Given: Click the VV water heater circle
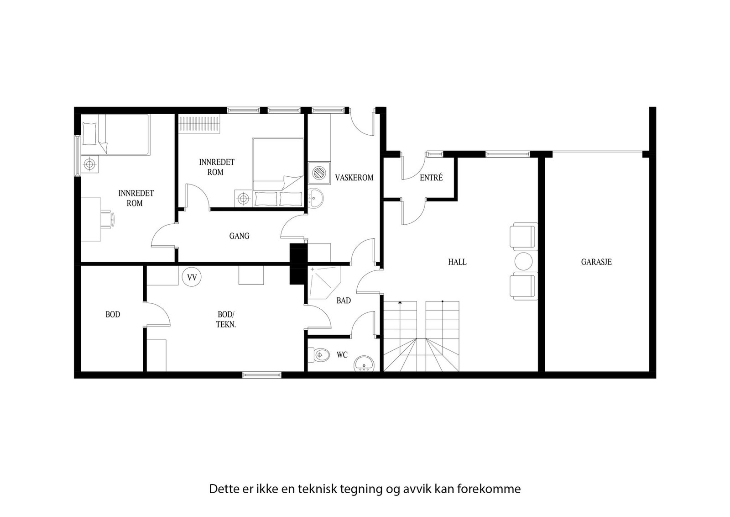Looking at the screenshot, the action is [192, 277].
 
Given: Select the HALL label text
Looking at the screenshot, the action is [457, 262].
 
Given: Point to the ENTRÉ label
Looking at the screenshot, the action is [431, 178].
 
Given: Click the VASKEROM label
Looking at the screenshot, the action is [354, 178].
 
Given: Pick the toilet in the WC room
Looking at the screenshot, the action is [319, 354].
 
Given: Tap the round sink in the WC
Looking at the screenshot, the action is [364, 364].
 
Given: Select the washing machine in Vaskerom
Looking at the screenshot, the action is [319, 173].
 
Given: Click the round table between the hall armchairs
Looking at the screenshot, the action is [523, 262].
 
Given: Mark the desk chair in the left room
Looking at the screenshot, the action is [108, 219].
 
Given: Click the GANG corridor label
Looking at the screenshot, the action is [239, 236].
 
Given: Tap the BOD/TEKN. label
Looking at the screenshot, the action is [226, 319].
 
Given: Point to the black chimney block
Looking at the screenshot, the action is [298, 264].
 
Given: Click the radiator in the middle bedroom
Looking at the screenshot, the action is [199, 124].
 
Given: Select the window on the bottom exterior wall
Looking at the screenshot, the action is [262, 375].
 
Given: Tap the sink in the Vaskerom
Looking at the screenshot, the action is [315, 198].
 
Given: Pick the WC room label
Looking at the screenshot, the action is [342, 354].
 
